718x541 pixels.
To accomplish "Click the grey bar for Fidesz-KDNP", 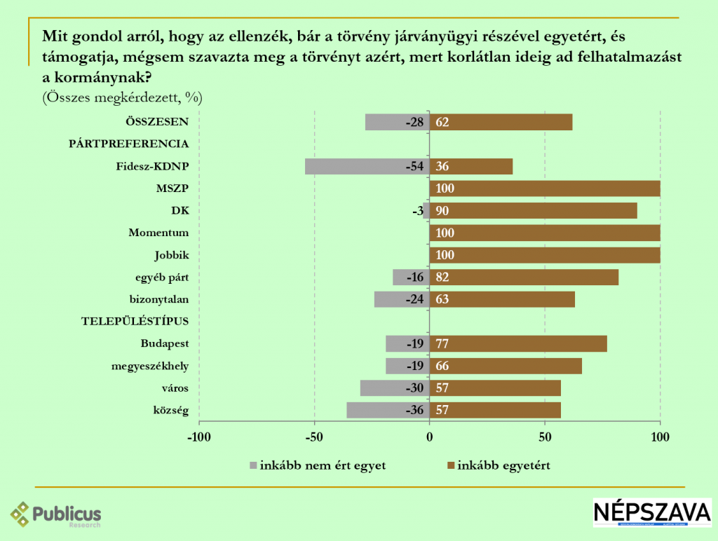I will point(367,167).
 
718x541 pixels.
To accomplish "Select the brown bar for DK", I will point(533,211).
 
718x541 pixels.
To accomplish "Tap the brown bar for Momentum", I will point(545,233).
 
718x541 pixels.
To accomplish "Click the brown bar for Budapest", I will point(518,344).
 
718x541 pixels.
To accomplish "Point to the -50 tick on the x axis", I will point(314,437).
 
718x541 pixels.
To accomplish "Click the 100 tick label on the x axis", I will point(660,437).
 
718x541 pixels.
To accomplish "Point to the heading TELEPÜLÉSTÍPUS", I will point(135,322).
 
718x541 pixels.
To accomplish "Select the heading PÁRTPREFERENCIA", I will point(128,144).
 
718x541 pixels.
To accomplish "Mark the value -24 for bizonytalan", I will point(415,300).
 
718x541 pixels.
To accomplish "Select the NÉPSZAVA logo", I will point(651,513).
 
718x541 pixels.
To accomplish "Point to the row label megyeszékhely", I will point(150,367).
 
